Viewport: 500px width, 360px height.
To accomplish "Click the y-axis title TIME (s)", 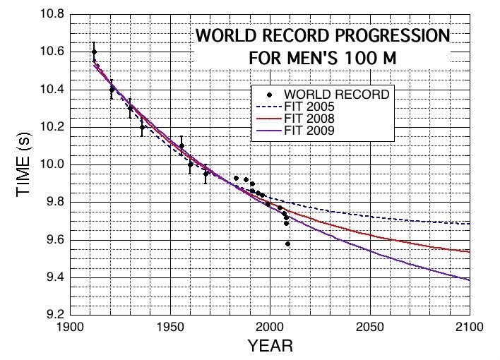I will [23, 165].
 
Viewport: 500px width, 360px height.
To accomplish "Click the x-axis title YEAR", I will [269, 347].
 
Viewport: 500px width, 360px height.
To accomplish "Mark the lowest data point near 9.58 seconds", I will [287, 244].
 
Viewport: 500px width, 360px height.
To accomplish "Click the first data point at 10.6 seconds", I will [94, 52].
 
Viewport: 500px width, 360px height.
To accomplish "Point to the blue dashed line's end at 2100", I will [468, 224].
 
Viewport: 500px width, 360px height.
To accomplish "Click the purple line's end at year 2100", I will [468, 280].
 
